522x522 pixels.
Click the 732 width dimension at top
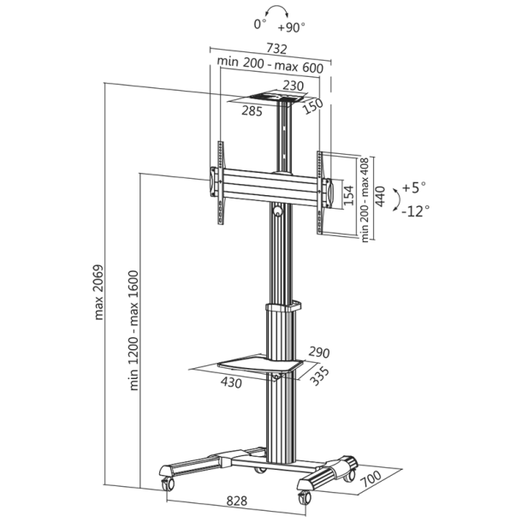click(x=276, y=49)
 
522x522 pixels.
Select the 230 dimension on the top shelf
click(x=294, y=85)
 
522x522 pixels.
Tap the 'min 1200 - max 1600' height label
click(x=134, y=329)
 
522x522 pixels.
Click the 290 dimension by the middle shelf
click(x=317, y=352)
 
